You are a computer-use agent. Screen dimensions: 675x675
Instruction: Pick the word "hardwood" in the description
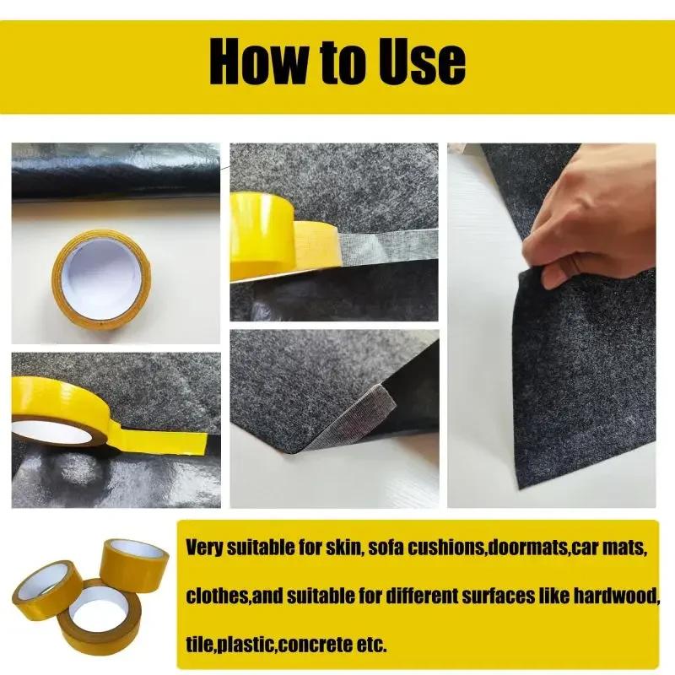615,596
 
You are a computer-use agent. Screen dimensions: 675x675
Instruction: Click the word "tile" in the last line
199,645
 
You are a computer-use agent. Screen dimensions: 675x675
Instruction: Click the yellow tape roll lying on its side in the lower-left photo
63,409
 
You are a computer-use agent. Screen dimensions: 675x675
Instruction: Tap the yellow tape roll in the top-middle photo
262,235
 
